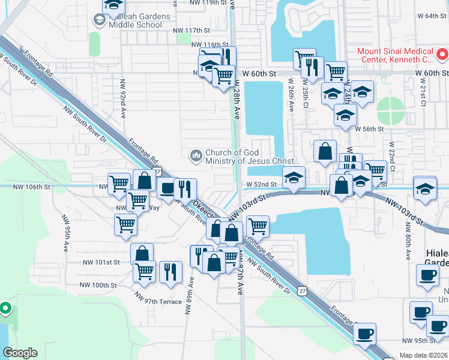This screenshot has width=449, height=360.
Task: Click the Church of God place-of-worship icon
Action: coord(196,156)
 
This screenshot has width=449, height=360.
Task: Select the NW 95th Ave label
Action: coord(65,230)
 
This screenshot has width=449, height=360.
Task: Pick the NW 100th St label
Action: coord(100,285)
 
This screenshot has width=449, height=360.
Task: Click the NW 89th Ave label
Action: coord(191,291)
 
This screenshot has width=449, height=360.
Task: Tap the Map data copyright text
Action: coord(424,355)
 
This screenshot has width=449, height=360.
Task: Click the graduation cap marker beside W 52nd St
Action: coord(294,178)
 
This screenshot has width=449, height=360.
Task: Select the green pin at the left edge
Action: coord(5,309)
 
